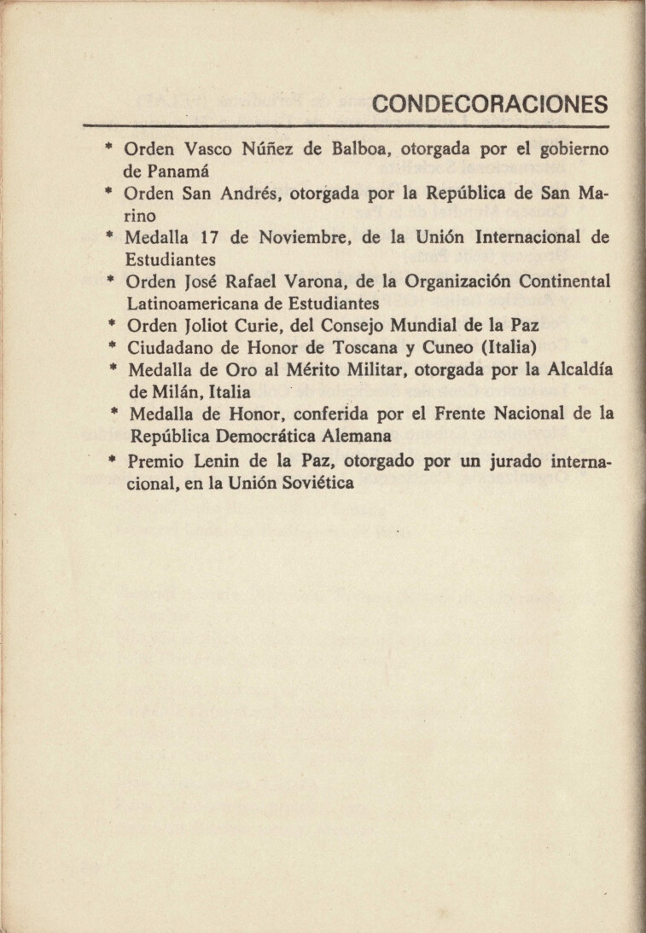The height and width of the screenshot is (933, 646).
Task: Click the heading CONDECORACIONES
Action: (x=491, y=104)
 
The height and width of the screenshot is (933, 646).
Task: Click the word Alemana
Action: (x=345, y=437)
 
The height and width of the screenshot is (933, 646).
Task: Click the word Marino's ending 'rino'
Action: (x=140, y=216)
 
